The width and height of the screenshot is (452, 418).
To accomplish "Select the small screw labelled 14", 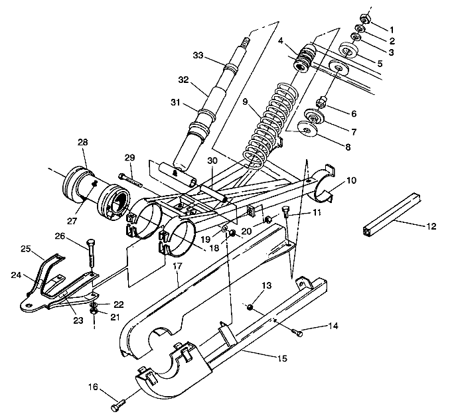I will [297, 333].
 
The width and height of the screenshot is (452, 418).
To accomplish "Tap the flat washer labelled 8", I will [310, 130].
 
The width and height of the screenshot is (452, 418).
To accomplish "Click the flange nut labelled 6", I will [321, 102].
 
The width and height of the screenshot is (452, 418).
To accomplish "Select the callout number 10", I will [350, 180].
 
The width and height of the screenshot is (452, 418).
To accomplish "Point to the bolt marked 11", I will [286, 212].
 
